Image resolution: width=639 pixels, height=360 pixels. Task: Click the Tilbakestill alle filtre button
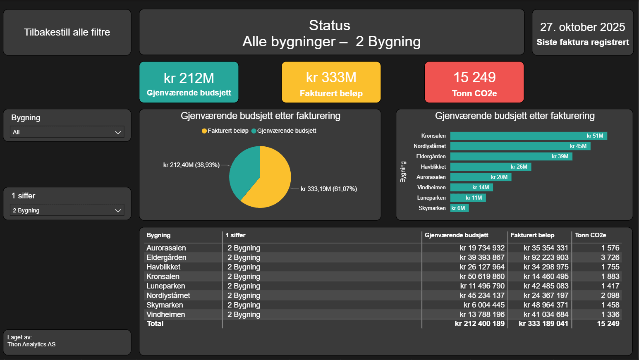(x=67, y=32)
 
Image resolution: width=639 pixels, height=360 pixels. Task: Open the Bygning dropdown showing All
(x=67, y=132)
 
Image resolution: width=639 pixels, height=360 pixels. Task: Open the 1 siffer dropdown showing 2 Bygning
(x=67, y=210)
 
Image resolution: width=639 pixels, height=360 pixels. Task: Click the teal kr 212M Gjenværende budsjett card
(x=189, y=82)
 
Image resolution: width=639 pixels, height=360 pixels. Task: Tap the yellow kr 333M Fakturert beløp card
(x=331, y=82)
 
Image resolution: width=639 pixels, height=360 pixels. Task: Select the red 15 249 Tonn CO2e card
(x=474, y=82)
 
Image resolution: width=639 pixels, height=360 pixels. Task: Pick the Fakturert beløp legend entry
(x=227, y=131)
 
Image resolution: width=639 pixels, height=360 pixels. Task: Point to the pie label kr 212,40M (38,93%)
(x=191, y=165)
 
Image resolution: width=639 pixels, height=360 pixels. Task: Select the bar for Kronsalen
(x=528, y=136)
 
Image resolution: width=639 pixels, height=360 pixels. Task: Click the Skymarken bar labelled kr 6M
(x=459, y=208)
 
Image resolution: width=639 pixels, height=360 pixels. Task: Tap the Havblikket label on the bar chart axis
(x=433, y=167)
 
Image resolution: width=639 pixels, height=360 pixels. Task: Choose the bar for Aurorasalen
(x=481, y=177)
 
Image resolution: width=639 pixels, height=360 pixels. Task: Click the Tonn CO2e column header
(x=590, y=235)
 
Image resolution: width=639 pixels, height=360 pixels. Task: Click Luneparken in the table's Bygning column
(x=165, y=286)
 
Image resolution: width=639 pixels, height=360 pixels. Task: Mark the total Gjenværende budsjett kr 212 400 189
(x=479, y=324)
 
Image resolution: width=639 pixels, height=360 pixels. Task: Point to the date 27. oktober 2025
(x=582, y=27)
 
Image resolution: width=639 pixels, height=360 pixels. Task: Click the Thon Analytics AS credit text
(x=31, y=344)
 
